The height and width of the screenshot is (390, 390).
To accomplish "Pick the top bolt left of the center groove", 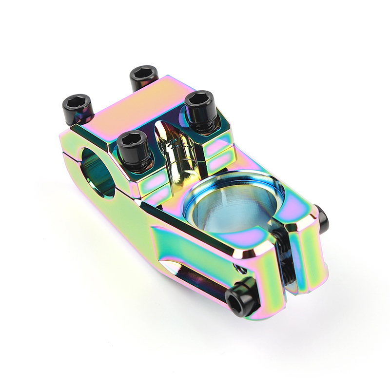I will [133, 145].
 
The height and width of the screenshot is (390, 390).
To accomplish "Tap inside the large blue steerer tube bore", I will [229, 205].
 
